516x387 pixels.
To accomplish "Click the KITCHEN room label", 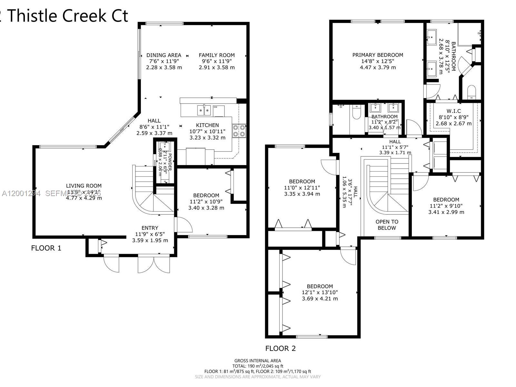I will (207, 125).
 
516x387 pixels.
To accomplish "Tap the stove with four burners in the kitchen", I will (239, 131).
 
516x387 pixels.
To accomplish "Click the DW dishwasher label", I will (215, 107).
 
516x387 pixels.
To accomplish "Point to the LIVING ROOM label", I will (84, 186).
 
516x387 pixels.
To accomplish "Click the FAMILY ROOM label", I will (216, 55).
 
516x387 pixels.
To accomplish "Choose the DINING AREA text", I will (164, 55).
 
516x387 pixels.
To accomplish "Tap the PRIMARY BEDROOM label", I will (378, 55).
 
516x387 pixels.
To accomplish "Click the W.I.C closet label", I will (453, 111).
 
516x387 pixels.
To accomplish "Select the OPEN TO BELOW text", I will (387, 225).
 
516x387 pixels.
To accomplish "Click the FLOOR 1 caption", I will (46, 248).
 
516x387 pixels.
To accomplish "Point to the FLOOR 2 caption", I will (280, 348).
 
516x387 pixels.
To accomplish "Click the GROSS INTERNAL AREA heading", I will (257, 361).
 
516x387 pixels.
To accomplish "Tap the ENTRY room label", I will (150, 228).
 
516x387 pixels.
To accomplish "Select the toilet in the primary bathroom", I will (471, 92).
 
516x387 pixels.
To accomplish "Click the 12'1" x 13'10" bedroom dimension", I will (320, 293).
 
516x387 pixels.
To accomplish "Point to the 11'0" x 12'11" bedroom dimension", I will (302, 188).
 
